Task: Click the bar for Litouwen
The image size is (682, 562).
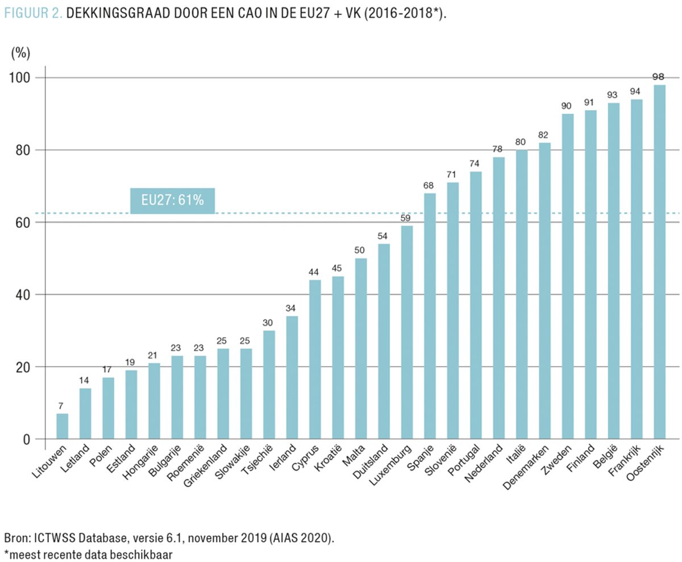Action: [62, 426]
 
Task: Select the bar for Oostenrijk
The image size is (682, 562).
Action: [659, 261]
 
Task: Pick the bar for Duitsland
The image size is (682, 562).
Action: [384, 341]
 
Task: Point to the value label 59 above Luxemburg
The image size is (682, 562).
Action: [406, 218]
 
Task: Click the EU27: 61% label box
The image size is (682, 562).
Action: [172, 200]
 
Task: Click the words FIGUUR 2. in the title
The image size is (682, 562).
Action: [32, 14]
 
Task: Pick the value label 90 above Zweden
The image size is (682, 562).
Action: [567, 106]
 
